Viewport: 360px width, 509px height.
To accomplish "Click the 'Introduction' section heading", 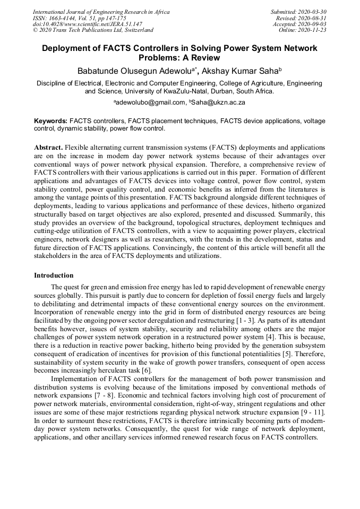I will tap(54, 275).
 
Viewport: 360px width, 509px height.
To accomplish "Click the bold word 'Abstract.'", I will tap(48, 146).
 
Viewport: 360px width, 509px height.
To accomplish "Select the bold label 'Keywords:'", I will tap(50, 121).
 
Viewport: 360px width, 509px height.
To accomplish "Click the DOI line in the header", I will tap(88, 24).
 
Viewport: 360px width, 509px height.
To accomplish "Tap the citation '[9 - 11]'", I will tap(312, 413).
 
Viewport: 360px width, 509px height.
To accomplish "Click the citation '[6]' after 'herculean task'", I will tap(146, 370).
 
